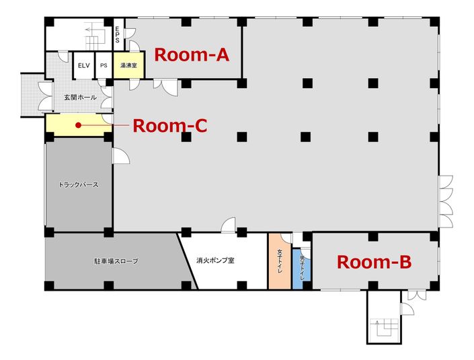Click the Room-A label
(x=192, y=55)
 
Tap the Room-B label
(x=373, y=262)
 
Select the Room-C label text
(x=169, y=126)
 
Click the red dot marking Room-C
(x=79, y=125)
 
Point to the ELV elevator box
(x=83, y=65)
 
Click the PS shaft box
(x=103, y=65)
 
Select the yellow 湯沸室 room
(x=128, y=66)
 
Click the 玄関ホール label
(x=79, y=98)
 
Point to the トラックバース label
(x=79, y=184)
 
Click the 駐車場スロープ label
(x=116, y=260)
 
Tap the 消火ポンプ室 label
(x=215, y=260)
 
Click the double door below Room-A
(x=165, y=86)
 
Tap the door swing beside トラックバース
(x=121, y=156)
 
